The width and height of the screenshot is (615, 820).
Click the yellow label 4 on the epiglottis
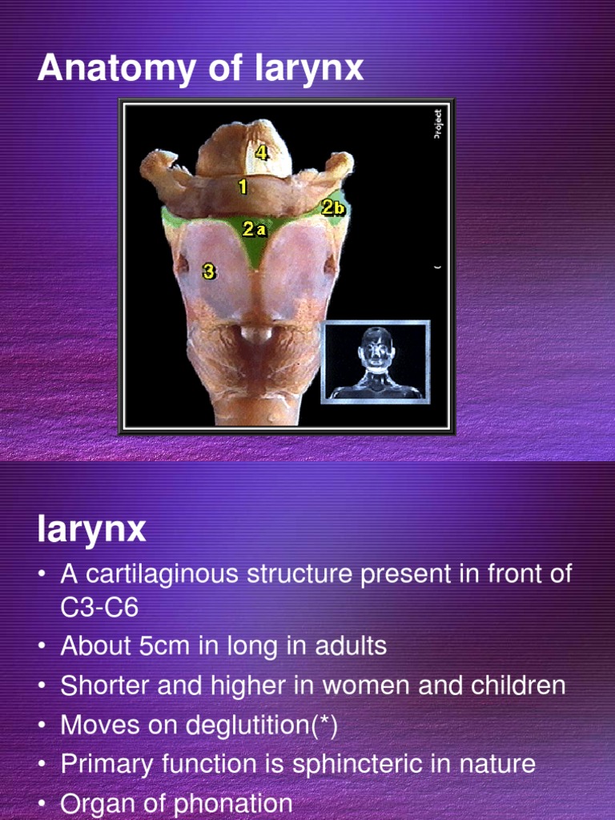(x=261, y=151)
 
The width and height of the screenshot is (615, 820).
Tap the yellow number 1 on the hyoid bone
(x=242, y=187)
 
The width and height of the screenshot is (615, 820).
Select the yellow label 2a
(x=254, y=229)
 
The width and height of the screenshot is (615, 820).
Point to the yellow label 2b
(x=333, y=208)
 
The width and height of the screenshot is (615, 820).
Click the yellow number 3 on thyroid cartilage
(x=209, y=271)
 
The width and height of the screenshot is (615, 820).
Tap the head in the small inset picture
(x=376, y=348)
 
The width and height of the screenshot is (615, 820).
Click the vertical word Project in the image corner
(x=437, y=124)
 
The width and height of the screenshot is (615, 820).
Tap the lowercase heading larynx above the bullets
(x=91, y=529)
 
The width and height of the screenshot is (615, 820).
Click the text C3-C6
(x=99, y=608)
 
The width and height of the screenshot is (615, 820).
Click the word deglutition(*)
(x=262, y=726)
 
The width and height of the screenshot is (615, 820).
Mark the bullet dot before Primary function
(x=42, y=765)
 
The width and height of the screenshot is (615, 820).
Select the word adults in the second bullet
(x=350, y=646)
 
